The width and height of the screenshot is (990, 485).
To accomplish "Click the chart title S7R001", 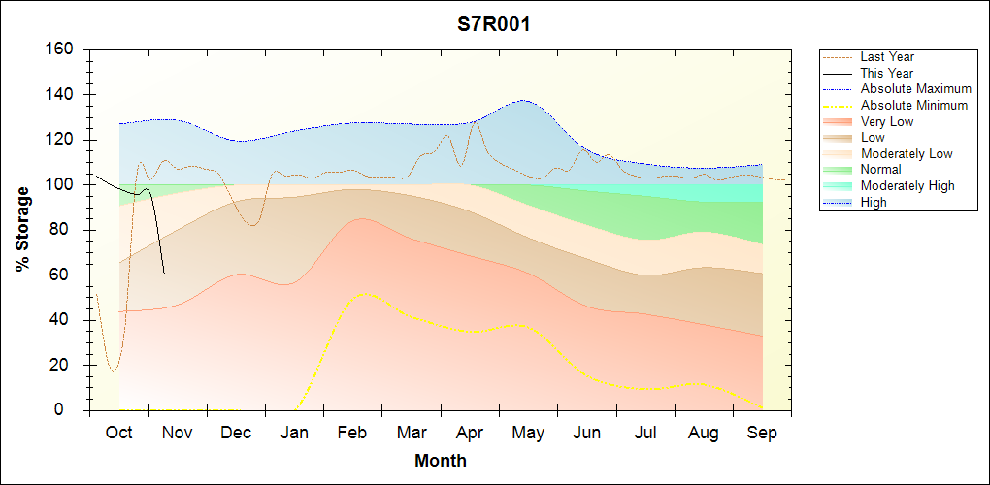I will (494, 24).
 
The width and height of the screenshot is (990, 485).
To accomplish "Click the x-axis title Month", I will (440, 461).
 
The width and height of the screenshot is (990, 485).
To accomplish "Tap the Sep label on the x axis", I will (762, 433).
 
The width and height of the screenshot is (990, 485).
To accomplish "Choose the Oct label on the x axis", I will (118, 433).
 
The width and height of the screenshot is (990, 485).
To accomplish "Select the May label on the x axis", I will (528, 433).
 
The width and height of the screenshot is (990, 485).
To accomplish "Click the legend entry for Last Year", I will (887, 57).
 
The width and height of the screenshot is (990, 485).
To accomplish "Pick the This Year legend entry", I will (887, 73).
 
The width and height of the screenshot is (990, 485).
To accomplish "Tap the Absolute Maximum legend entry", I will (915, 89).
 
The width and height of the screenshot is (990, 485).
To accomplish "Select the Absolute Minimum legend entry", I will (913, 105).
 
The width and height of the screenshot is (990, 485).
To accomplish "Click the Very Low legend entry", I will (887, 121).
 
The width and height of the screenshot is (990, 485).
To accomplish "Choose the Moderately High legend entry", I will (907, 185).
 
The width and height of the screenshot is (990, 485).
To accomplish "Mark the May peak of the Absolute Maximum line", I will (524, 100).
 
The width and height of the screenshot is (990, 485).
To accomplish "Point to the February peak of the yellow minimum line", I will (363, 293).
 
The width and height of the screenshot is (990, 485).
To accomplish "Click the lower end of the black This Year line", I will (164, 273).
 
